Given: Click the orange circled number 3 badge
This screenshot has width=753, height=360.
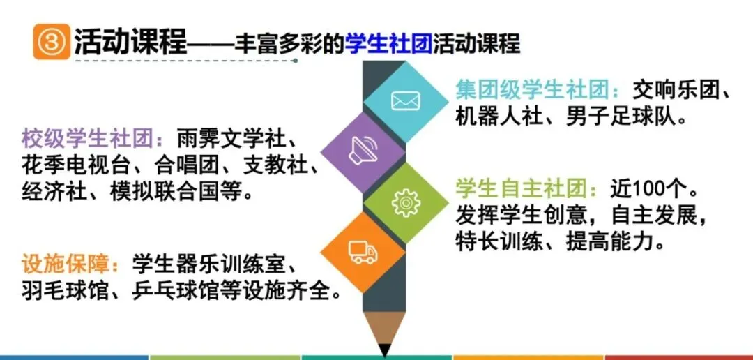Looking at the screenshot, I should tap(51, 43).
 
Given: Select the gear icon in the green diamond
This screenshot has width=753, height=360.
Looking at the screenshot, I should tap(406, 202).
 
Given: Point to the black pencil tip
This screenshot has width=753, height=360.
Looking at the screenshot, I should tap(384, 349).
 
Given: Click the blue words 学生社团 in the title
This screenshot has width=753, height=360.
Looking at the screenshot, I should tap(388, 43).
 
